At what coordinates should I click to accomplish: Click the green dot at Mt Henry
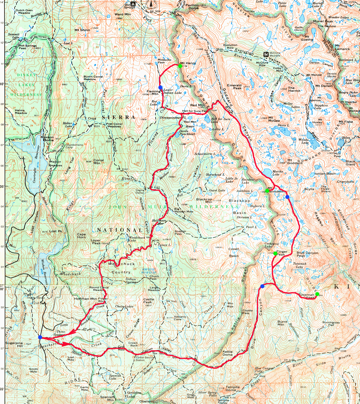tap(180, 66)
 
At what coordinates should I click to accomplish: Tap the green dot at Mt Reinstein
tap(267, 191)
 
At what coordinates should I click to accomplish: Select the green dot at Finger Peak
tap(275, 253)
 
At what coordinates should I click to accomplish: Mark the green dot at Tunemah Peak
tap(317, 294)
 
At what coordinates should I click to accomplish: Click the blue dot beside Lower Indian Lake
tap(160, 87)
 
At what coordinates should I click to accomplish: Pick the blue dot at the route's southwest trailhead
tap(40, 337)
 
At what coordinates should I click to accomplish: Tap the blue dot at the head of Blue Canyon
tap(262, 286)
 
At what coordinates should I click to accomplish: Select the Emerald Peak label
tap(234, 87)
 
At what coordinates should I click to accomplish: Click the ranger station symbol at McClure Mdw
tap(265, 54)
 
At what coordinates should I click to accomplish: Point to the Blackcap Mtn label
tap(204, 201)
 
